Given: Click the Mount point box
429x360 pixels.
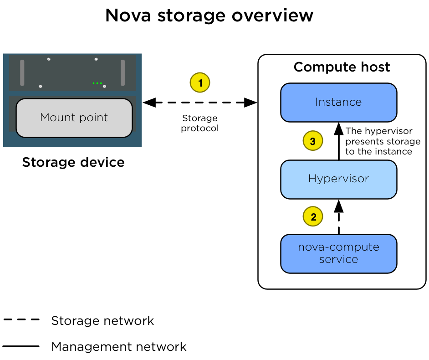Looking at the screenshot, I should tap(74, 118).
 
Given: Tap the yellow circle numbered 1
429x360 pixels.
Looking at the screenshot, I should tap(200, 83).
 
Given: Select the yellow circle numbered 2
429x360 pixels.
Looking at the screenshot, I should tap(313, 217).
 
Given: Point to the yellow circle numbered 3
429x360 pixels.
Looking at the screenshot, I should tap(313, 141).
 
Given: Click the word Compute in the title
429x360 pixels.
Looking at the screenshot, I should tap(317, 67).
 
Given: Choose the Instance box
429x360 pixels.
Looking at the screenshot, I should tap(338, 102).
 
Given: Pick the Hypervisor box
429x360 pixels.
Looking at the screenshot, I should tap(338, 179).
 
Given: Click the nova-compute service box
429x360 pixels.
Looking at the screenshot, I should tap(338, 253).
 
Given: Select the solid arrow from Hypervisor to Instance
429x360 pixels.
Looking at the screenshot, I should tap(338, 144).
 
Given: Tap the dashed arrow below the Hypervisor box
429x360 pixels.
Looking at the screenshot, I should tap(338, 219).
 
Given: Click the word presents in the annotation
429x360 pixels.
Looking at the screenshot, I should tap(363, 141).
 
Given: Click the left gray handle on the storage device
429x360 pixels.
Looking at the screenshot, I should tap(22, 72).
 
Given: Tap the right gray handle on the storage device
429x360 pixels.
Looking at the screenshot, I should tap(123, 72).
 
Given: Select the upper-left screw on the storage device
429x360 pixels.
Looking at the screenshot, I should tap(49, 59).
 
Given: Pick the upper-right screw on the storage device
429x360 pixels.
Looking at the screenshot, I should tap(96, 59).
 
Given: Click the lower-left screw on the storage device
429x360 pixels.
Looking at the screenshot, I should tap(41, 86).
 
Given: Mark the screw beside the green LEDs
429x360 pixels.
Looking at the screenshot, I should tap(105, 86).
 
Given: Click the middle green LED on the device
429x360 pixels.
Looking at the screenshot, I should tap(97, 83).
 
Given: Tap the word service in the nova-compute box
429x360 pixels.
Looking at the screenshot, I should tap(338, 259).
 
